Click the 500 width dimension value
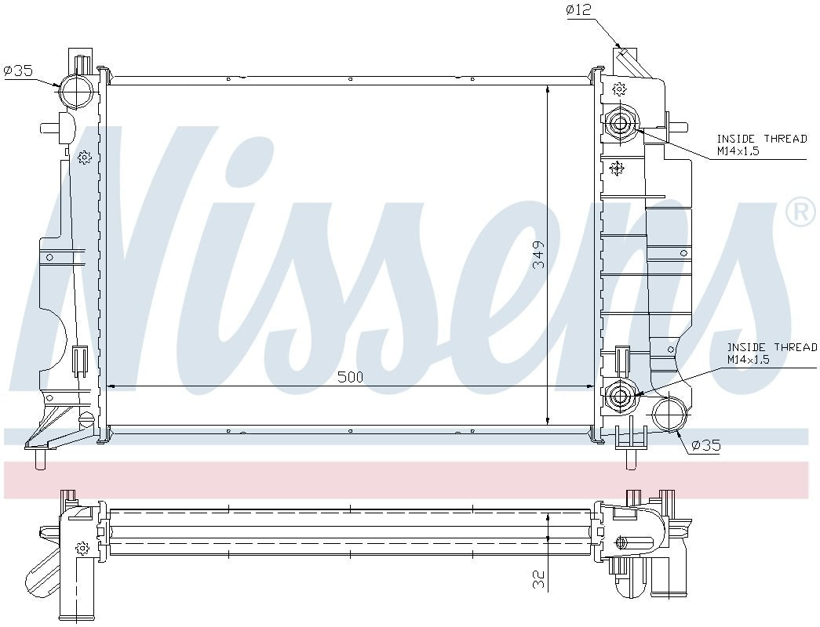point(350,377)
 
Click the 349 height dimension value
point(538,255)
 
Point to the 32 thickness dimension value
point(538,579)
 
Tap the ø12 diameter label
point(578,10)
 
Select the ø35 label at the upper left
point(18,71)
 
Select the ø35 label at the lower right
point(706,445)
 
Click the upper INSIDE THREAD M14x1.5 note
point(762,145)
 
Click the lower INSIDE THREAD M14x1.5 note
point(772,353)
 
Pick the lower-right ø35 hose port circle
point(669,415)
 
